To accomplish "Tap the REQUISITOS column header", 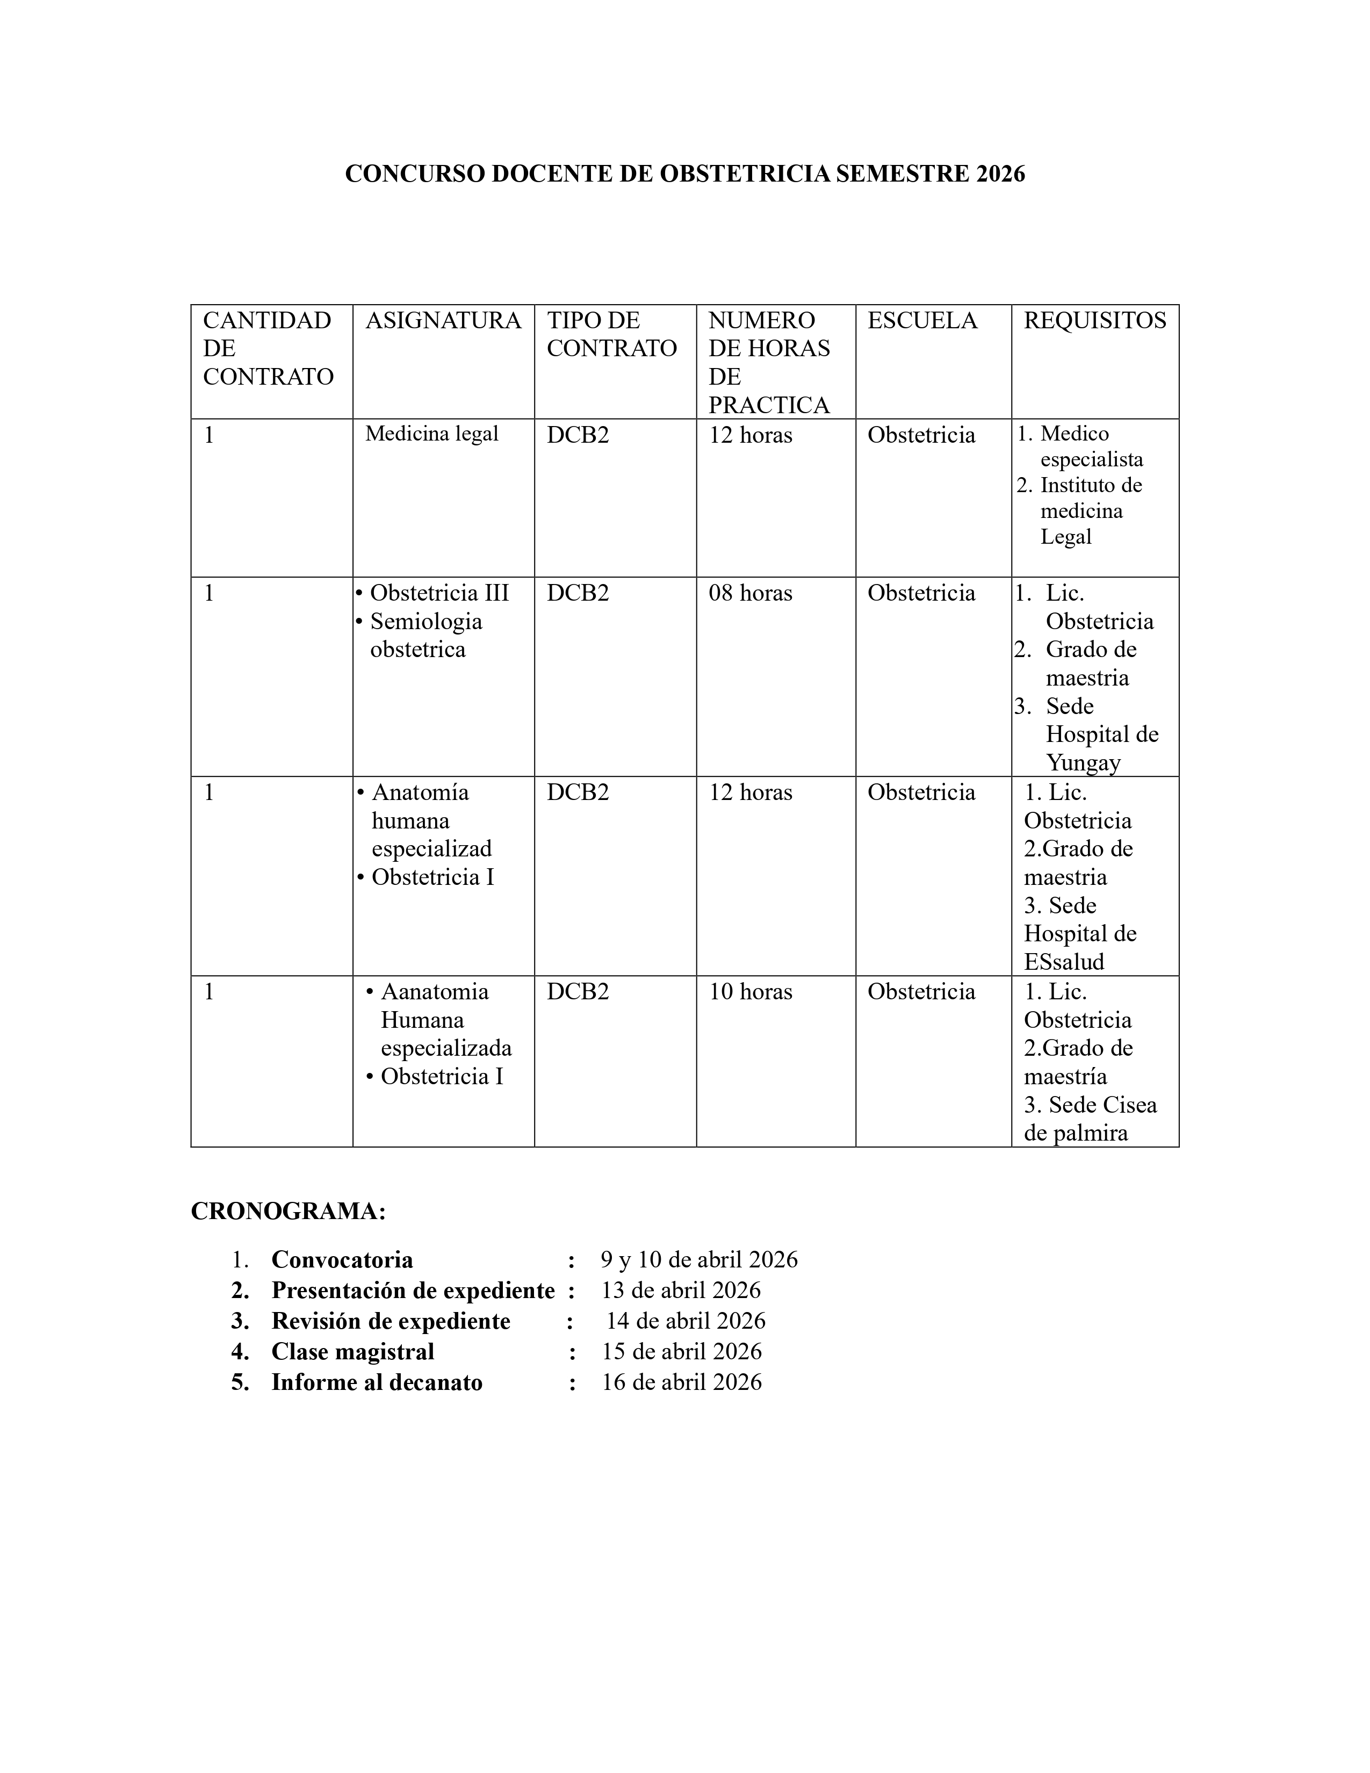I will pyautogui.click(x=1094, y=321).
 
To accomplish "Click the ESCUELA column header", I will pyautogui.click(x=922, y=321).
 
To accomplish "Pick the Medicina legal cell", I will pyautogui.click(x=432, y=434).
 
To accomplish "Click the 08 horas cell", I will pyautogui.click(x=750, y=594).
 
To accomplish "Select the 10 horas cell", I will pyautogui.click(x=750, y=992).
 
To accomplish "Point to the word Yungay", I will pyautogui.click(x=1083, y=763).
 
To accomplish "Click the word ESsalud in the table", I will pyautogui.click(x=1064, y=962).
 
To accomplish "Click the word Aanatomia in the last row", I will pyautogui.click(x=435, y=992).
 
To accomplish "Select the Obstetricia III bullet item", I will pyautogui.click(x=439, y=594).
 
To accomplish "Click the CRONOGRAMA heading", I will pyautogui.click(x=288, y=1211).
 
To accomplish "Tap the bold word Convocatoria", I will pyautogui.click(x=342, y=1260).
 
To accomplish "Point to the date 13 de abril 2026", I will pyautogui.click(x=681, y=1291).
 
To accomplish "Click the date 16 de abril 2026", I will pyautogui.click(x=681, y=1382).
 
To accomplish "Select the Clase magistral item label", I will pyautogui.click(x=352, y=1352).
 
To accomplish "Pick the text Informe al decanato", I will pyautogui.click(x=377, y=1382).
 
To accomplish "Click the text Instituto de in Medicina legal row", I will pyautogui.click(x=1091, y=486).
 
